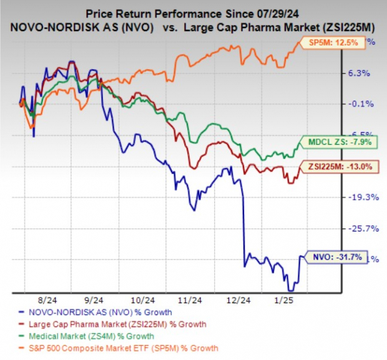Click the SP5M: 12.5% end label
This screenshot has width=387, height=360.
point(337,42)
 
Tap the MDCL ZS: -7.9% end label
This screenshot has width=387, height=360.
point(337,142)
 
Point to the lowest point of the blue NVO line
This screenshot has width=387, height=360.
point(290,290)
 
